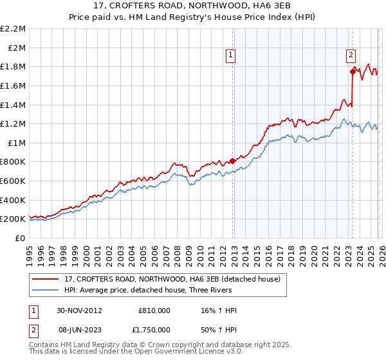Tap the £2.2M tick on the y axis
pos(13,29)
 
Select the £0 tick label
pos(21,238)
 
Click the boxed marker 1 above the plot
pos(231,56)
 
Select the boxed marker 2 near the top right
pos(351,56)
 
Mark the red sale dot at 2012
pos(232,161)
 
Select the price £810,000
pos(154,310)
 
